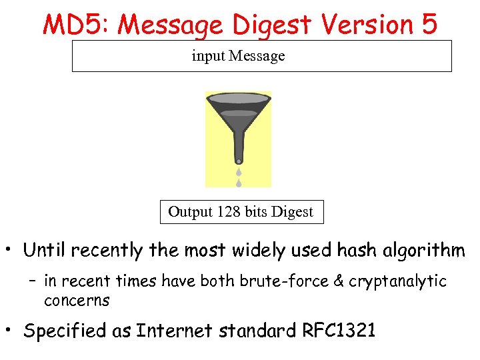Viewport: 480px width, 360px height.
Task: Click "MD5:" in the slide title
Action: coord(71,24)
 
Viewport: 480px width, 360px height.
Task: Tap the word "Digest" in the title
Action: coord(273,25)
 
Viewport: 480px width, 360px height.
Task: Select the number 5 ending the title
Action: coord(428,24)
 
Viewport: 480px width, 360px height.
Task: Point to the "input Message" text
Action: coord(238,56)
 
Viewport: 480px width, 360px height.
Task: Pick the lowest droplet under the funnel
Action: coord(238,182)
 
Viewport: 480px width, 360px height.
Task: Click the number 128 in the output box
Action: coord(229,212)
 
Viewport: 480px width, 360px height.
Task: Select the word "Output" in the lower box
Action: coord(191,212)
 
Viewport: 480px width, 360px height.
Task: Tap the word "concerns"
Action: coord(77,301)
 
